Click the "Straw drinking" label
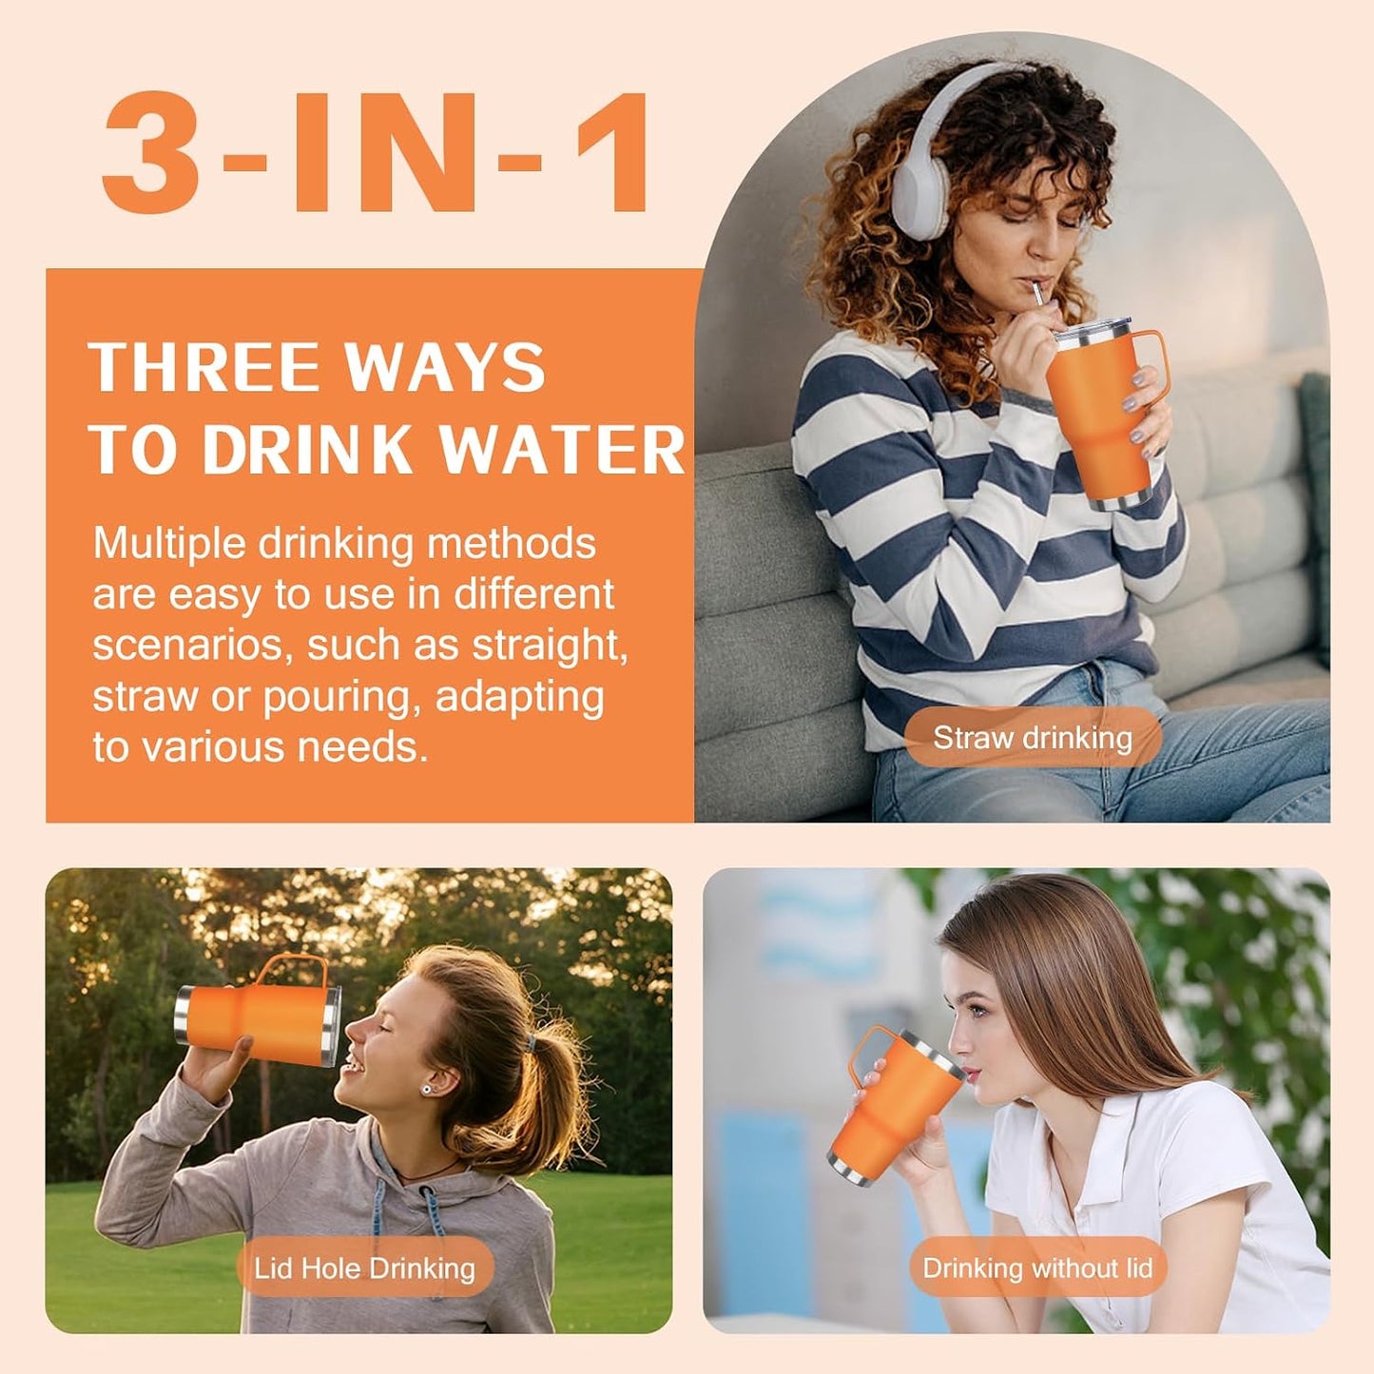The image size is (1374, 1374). click(1033, 737)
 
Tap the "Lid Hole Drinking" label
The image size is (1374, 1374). click(364, 1268)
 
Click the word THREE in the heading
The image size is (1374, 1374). click(205, 366)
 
